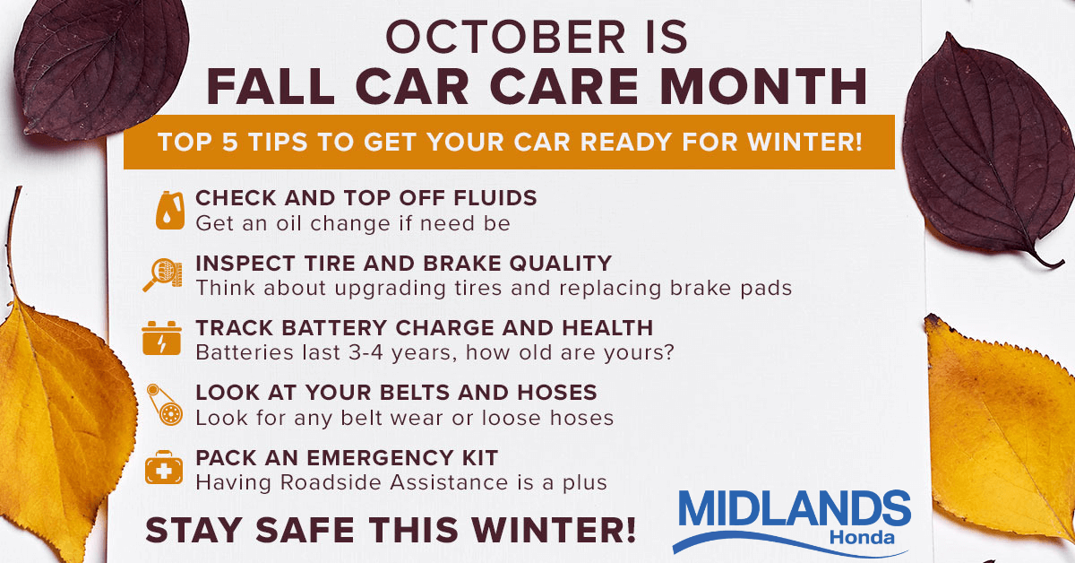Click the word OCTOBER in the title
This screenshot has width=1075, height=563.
click(505, 38)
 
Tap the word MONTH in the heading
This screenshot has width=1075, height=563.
click(763, 86)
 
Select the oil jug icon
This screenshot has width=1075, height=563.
click(170, 210)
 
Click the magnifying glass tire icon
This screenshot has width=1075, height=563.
click(163, 274)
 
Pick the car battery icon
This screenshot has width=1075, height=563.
click(162, 339)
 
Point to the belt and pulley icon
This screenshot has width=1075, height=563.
click(165, 404)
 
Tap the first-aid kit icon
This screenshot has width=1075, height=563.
click(164, 467)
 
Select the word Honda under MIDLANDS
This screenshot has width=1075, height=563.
click(862, 537)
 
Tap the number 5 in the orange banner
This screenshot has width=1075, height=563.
click(230, 143)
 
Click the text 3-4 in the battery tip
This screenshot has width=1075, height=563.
click(366, 352)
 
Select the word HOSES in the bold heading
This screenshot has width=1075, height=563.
click(557, 393)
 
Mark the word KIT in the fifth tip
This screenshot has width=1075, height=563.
click(480, 458)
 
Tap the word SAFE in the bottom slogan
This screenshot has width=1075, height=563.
click(305, 531)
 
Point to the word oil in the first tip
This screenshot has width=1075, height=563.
click(288, 223)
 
